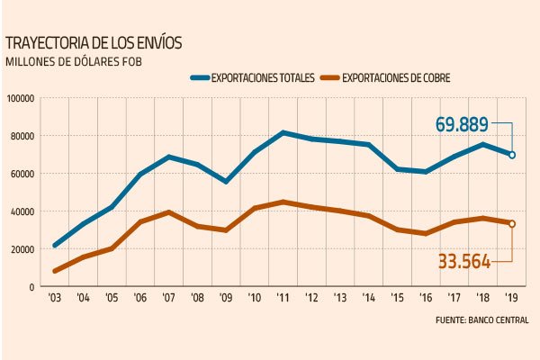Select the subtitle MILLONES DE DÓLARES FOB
tap(74, 61)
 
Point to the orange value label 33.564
tap(464, 262)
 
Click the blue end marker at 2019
tap(512, 155)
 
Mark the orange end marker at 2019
tap(512, 224)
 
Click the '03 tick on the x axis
tap(56, 297)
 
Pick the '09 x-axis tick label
tap(227, 297)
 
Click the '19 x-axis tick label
tap(511, 297)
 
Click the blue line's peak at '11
tap(283, 133)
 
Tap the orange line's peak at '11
tap(283, 202)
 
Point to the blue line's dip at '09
tap(227, 182)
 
